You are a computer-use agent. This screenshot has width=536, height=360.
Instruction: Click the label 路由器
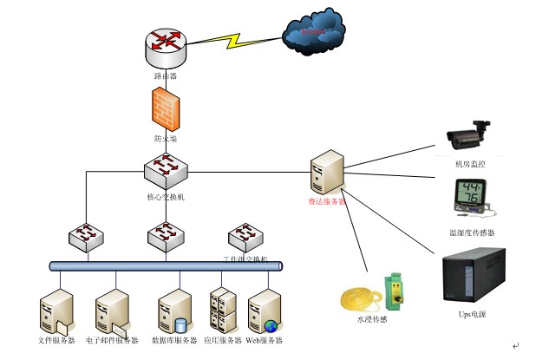[165, 76]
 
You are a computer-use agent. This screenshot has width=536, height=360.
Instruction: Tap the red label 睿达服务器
[326, 201]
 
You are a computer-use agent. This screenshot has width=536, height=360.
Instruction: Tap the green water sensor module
[395, 291]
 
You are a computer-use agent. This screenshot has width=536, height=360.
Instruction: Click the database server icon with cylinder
[174, 311]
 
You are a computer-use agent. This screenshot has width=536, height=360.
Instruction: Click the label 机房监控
[469, 163]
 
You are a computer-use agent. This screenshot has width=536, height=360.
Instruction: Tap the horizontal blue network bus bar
[165, 265]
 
